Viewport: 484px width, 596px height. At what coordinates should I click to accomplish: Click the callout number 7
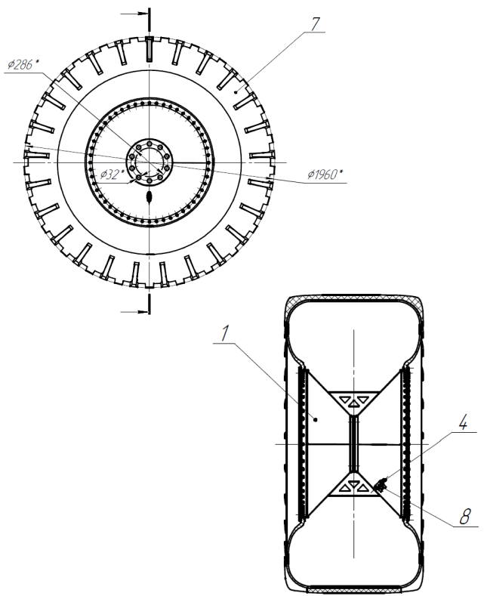(315, 23)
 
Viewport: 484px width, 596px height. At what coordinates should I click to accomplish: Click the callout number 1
(225, 333)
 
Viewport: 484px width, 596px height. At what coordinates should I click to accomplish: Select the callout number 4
(463, 423)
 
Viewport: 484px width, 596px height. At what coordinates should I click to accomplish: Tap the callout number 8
(464, 517)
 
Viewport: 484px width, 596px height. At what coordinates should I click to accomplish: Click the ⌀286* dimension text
(23, 65)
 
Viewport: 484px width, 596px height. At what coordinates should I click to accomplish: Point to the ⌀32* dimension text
(113, 174)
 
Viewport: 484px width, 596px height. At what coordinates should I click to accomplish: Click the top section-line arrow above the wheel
(134, 14)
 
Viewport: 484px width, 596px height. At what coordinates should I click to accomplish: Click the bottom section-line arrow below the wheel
(134, 312)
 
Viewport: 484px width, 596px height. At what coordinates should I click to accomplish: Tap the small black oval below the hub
(150, 196)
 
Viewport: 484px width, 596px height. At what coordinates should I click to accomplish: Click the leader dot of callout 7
(236, 91)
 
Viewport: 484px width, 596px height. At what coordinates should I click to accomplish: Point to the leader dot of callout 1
(316, 419)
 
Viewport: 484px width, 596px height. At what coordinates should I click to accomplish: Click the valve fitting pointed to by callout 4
(380, 485)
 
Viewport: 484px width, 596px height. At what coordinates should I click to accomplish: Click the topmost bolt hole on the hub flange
(150, 144)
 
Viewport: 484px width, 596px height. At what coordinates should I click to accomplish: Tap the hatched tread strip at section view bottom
(353, 590)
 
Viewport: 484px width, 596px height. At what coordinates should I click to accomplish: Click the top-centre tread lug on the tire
(150, 48)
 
